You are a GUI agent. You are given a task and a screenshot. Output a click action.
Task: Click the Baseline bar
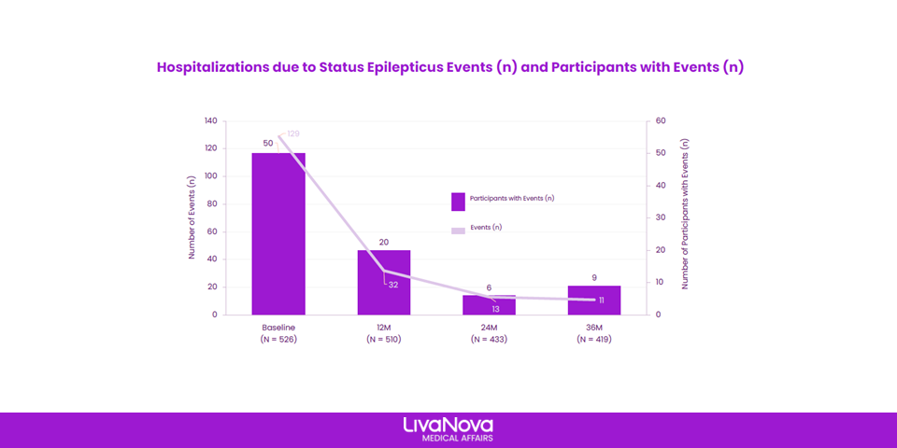pos(278,233)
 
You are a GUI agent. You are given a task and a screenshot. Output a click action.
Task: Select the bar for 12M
pos(384,282)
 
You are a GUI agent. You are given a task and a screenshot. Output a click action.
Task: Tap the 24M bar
pos(489,304)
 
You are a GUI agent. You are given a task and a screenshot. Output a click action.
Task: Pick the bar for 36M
pos(594,300)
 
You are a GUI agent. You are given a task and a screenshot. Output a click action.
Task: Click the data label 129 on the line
pos(292,133)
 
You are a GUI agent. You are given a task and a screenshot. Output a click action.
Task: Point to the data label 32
pos(393,285)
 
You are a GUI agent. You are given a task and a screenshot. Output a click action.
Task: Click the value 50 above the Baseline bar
pos(268,143)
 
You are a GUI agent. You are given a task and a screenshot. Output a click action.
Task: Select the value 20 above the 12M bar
pos(384,243)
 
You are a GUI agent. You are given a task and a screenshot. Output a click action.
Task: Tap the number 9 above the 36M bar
pos(594,278)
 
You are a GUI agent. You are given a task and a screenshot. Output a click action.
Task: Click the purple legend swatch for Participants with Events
pos(458,202)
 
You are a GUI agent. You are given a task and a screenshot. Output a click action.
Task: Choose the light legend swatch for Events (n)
pos(458,231)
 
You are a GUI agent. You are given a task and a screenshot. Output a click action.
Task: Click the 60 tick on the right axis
pos(659,121)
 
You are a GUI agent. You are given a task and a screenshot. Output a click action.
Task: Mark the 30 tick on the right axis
pos(659,217)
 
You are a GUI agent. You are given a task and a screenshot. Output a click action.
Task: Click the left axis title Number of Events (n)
pos(192,217)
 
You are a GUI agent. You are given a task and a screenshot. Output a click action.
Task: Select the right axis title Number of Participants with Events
pos(685,215)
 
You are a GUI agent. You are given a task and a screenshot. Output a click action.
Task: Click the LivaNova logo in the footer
pos(448,429)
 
